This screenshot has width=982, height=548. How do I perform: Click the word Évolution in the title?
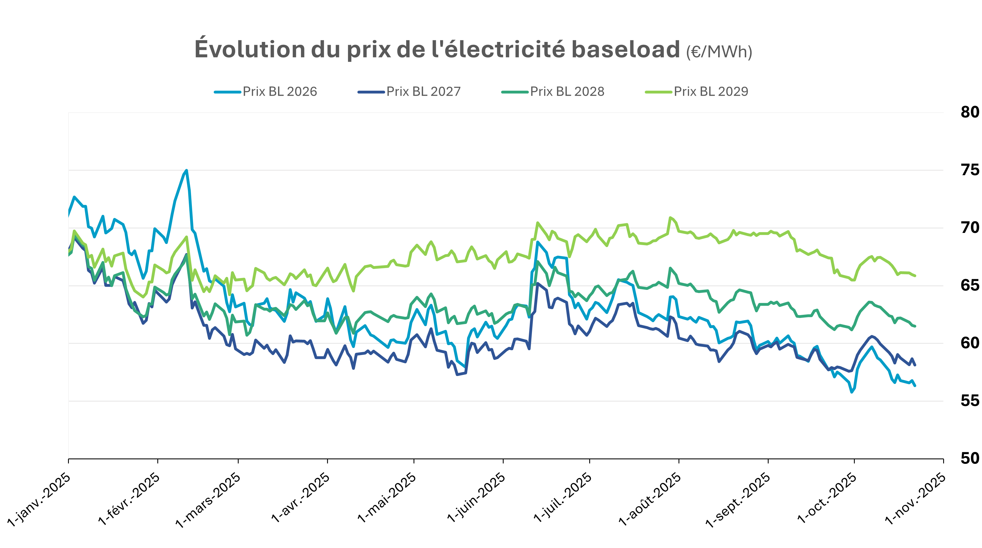[x=250, y=50]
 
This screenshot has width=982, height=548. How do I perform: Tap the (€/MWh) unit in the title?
[x=719, y=52]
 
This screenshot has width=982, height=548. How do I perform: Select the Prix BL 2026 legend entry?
[x=279, y=92]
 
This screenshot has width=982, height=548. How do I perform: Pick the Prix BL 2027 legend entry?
[x=423, y=92]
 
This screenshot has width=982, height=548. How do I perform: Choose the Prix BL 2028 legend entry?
[x=567, y=92]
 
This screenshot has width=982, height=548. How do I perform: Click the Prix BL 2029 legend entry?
[x=710, y=92]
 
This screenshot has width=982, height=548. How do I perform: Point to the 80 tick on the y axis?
[x=970, y=112]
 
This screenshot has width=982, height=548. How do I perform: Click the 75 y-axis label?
[x=970, y=170]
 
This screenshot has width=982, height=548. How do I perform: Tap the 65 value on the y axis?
[x=970, y=285]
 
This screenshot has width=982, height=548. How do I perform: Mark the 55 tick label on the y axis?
[x=970, y=401]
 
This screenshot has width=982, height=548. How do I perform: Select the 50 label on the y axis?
[x=970, y=458]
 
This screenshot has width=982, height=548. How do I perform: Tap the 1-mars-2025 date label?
[x=208, y=500]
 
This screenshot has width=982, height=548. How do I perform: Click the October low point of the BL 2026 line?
[x=852, y=392]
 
